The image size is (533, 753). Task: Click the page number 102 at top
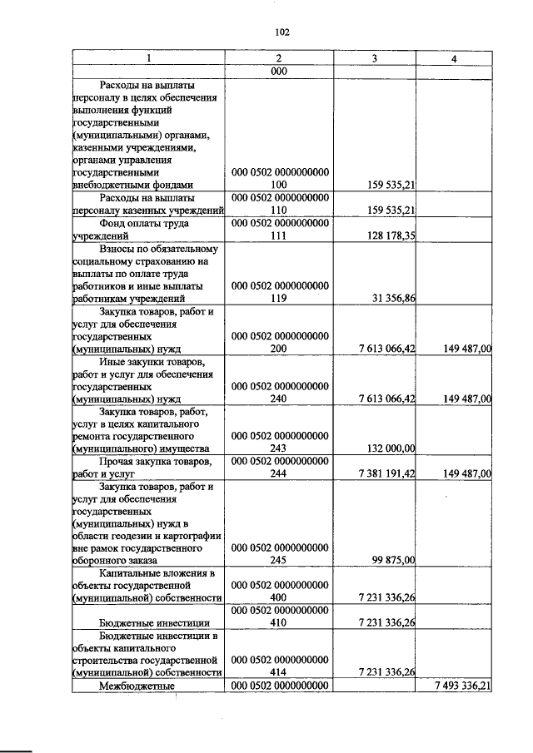click(281, 32)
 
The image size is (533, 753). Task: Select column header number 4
click(454, 58)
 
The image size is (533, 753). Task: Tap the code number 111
click(279, 235)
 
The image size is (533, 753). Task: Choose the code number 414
click(279, 672)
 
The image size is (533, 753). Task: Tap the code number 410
click(279, 622)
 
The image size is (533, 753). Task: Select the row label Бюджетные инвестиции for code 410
click(142, 622)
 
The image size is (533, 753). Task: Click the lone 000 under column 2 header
click(279, 71)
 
